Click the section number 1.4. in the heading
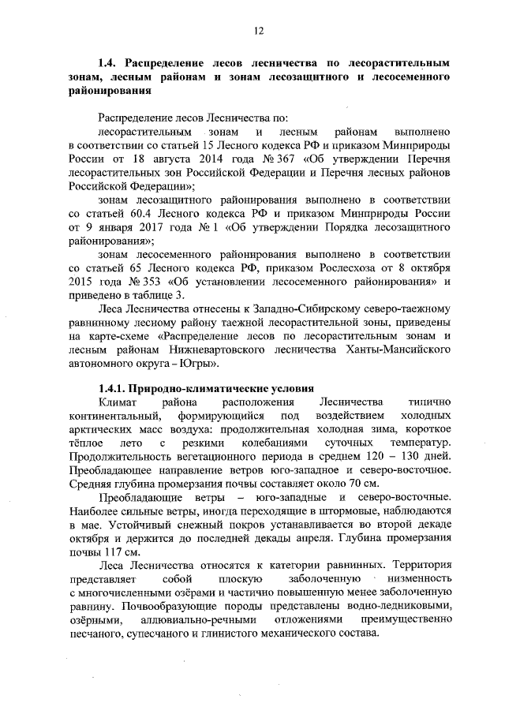click(x=108, y=61)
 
